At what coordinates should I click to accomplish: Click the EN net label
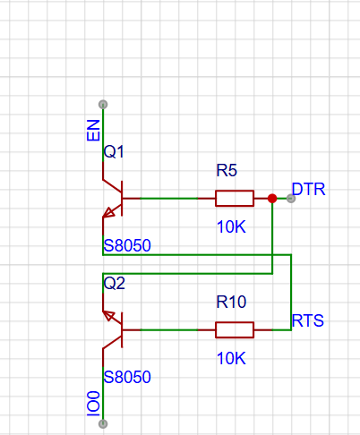coord(93,131)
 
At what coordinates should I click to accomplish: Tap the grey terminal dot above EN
coord(103,105)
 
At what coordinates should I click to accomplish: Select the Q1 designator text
coord(114,152)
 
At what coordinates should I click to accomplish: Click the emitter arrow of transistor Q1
coord(108,211)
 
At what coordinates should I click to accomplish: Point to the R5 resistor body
coord(235,198)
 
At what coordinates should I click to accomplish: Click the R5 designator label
coord(227,170)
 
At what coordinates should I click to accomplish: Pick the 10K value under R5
coord(231,226)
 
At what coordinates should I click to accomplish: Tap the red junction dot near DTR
coord(272,198)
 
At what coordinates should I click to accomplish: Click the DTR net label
coord(308,189)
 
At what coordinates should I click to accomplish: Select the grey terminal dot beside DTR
coord(291,198)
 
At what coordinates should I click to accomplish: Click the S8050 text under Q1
coord(127,245)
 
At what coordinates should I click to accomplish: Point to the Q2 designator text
coord(114,283)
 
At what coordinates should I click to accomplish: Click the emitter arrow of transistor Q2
coord(109,316)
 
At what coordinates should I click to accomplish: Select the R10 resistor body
coord(235,329)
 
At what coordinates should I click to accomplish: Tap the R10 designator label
coord(231,302)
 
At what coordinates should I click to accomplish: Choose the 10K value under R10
coord(231,358)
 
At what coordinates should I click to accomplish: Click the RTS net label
coord(308,320)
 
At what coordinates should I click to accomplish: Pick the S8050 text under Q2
coord(127,377)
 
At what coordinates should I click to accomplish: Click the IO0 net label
coord(93,404)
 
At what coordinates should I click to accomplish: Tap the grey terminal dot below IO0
coord(103,423)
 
